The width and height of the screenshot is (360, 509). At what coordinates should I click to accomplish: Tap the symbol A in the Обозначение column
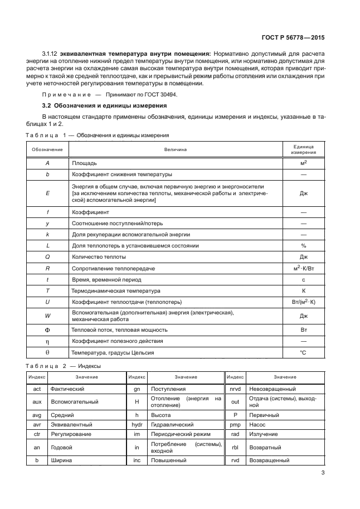click(x=47, y=163)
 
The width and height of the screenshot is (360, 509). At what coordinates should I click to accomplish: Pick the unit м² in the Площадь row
click(x=304, y=163)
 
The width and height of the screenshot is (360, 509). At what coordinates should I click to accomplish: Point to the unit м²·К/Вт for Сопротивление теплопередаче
click(x=304, y=268)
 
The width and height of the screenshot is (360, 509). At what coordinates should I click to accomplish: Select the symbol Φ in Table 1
click(x=47, y=329)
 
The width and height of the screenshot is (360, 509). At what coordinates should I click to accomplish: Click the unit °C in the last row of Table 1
click(x=304, y=352)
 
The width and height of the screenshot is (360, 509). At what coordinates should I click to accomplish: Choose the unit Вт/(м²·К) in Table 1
click(x=304, y=302)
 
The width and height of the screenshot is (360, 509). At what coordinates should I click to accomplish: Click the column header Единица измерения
click(x=304, y=149)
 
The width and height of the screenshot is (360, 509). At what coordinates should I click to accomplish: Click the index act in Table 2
click(x=37, y=389)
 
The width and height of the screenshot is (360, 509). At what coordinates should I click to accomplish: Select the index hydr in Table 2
click(x=137, y=424)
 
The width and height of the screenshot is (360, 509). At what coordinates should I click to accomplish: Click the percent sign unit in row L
click(x=304, y=245)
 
